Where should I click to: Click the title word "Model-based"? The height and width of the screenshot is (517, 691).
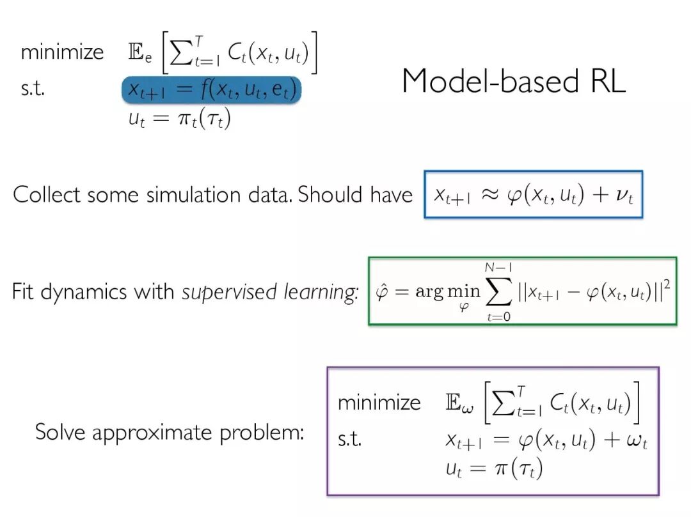pos(488,81)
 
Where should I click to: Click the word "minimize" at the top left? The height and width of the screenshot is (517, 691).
pos(62,52)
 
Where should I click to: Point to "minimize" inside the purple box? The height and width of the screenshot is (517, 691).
pos(379,403)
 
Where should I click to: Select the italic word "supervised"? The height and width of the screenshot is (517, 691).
pos(219,292)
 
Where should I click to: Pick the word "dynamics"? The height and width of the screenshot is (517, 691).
pos(84,292)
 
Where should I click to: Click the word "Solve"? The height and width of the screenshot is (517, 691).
pos(60,432)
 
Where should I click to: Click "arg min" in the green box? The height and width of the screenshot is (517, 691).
pos(438,292)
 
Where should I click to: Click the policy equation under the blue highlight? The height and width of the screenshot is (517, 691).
pos(179,120)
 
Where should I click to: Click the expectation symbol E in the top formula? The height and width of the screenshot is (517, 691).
pos(136,53)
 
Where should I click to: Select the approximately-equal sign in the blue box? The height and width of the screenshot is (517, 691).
pos(490,196)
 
